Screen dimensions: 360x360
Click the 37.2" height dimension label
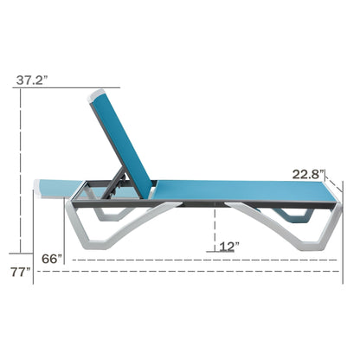[31, 80]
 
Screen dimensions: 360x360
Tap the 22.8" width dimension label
[307, 174]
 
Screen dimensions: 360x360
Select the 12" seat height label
[228, 246]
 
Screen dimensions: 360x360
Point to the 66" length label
[54, 259]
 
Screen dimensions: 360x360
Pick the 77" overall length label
[18, 273]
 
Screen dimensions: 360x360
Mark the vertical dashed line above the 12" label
[214, 228]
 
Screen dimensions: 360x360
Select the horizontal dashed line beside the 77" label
[190, 272]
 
